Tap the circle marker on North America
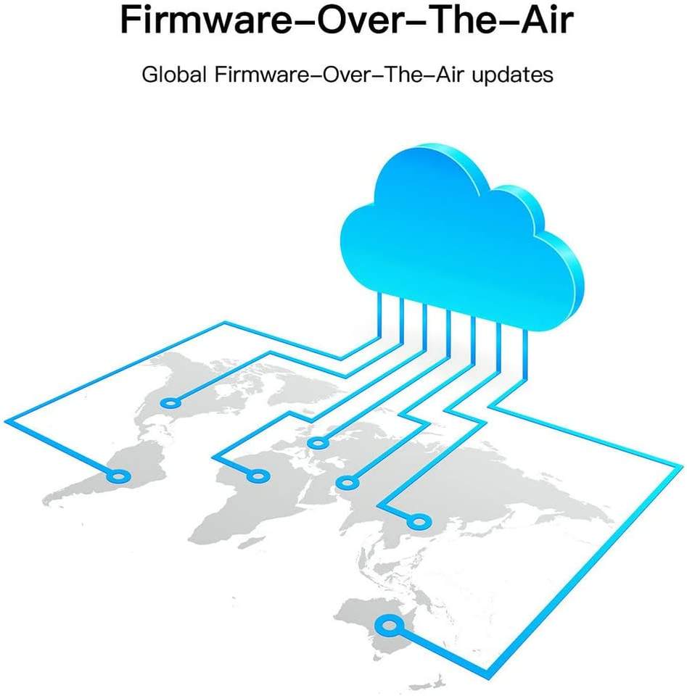[170, 402]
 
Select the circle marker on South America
[119, 476]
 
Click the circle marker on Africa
[258, 476]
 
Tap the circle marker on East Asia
[416, 521]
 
